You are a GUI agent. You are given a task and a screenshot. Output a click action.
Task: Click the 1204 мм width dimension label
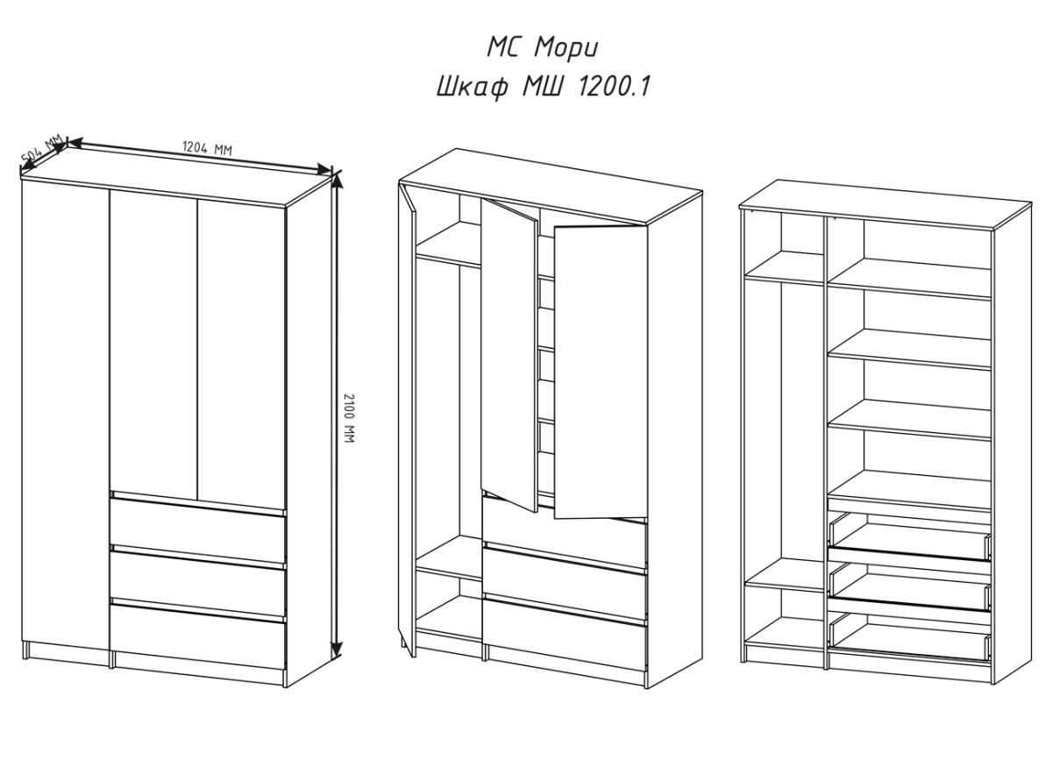click(x=207, y=148)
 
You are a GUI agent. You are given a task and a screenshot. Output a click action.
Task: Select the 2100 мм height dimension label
click(x=349, y=418)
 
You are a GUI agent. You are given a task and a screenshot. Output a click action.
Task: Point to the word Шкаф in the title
click(x=472, y=88)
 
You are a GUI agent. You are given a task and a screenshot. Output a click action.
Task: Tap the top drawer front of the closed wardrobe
click(x=198, y=530)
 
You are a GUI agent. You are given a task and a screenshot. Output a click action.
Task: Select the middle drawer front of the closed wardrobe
click(x=198, y=584)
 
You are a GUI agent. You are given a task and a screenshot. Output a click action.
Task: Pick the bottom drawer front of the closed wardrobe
click(x=198, y=637)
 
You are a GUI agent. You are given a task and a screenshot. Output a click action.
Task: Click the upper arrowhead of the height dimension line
click(x=337, y=181)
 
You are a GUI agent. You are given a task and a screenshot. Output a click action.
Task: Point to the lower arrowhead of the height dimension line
click(x=337, y=650)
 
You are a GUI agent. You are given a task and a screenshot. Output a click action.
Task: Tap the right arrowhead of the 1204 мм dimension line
click(x=324, y=169)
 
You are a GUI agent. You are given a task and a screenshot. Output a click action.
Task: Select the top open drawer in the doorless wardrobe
click(x=910, y=539)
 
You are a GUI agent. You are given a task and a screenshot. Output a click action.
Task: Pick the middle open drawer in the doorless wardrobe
click(x=910, y=588)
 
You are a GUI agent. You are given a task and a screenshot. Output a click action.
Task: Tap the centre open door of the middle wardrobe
click(x=509, y=355)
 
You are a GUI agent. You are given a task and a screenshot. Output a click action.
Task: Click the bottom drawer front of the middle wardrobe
click(x=565, y=636)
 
